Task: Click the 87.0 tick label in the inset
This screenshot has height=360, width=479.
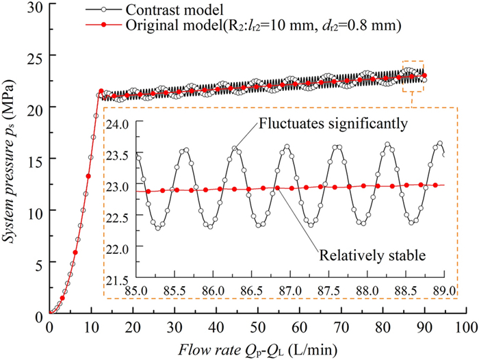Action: point(291,291)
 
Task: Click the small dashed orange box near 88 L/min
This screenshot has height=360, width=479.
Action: point(413,76)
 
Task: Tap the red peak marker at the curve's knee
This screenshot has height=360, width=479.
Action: point(101,91)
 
